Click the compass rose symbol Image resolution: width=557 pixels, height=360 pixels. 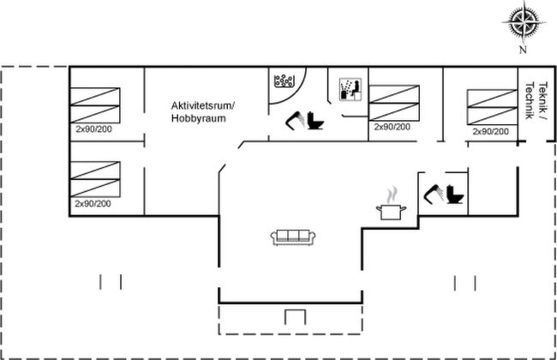[524, 22]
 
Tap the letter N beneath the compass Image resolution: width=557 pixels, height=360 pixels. [523, 50]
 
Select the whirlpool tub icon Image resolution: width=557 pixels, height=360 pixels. [284, 81]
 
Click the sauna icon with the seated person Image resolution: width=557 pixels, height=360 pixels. [350, 89]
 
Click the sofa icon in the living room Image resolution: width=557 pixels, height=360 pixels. [293, 237]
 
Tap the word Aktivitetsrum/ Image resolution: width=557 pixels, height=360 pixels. [203, 106]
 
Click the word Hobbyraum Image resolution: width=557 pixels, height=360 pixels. [199, 118]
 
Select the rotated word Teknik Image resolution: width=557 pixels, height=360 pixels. [543, 96]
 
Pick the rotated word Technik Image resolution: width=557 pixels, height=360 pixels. [530, 100]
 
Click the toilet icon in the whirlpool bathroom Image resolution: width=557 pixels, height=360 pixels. [315, 121]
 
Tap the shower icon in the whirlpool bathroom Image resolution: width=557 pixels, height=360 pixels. [295, 121]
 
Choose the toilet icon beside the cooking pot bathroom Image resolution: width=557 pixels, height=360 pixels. [455, 194]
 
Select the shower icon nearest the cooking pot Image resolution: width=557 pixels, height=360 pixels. [434, 194]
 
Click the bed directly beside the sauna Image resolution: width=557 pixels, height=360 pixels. [394, 103]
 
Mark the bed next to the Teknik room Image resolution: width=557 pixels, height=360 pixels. [493, 107]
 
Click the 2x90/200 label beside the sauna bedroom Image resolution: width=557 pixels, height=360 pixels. [392, 127]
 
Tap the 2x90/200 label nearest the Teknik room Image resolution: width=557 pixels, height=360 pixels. [490, 131]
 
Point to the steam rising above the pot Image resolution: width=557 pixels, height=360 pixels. [392, 195]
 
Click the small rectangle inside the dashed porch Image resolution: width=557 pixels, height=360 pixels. [295, 317]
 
